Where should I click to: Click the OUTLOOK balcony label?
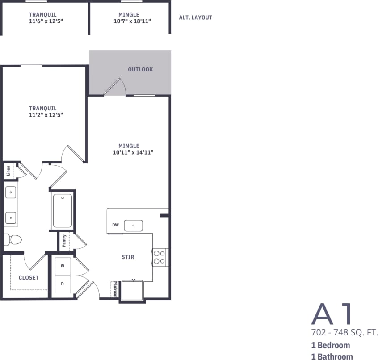pyautogui.click(x=140, y=70)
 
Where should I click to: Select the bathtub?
pyautogui.click(x=63, y=210)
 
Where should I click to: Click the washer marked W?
pyautogui.click(x=63, y=265)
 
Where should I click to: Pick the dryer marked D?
pyautogui.click(x=63, y=284)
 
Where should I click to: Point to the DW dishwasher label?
pyautogui.click(x=115, y=225)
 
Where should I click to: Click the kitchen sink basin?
pyautogui.click(x=133, y=226)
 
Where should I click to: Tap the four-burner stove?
pyautogui.click(x=160, y=257)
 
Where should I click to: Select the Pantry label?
pyautogui.click(x=65, y=241)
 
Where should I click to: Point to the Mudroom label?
pyautogui.click(x=115, y=289)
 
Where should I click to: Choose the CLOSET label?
pyautogui.click(x=29, y=277)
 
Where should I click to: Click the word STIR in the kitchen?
pyautogui.click(x=128, y=257)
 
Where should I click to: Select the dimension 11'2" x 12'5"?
pyautogui.click(x=43, y=115)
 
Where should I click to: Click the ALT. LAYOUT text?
pyautogui.click(x=195, y=18)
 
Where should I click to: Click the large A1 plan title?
pyautogui.click(x=332, y=314)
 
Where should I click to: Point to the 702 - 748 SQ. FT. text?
pyautogui.click(x=344, y=333)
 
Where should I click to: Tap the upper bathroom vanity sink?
pyautogui.click(x=11, y=193)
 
